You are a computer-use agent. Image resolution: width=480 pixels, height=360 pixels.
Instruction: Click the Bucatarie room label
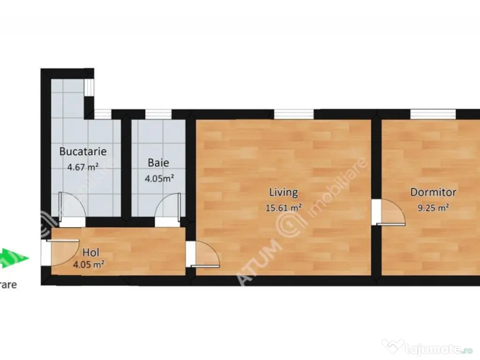click(83, 151)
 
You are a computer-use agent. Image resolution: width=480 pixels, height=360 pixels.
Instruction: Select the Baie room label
click(158, 163)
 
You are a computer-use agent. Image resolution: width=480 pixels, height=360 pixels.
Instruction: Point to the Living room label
click(283, 192)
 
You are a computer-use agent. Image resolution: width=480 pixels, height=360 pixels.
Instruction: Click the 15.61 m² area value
click(284, 208)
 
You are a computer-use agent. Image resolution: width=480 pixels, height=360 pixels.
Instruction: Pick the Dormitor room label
click(433, 192)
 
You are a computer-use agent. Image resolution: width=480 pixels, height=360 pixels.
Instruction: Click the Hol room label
click(91, 253)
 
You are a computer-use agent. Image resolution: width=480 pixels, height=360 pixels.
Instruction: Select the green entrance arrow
click(14, 258)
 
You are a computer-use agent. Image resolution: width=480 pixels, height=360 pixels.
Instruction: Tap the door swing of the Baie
click(167, 208)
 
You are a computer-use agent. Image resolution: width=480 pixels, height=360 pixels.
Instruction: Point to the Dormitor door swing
click(392, 212)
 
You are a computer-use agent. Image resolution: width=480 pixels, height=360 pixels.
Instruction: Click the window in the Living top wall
click(294, 114)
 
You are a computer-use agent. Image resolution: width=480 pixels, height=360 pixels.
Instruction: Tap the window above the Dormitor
click(433, 114)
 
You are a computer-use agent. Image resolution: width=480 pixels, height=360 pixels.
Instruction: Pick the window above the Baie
click(158, 114)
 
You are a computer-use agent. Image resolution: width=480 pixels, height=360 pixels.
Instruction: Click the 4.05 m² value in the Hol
click(89, 265)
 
